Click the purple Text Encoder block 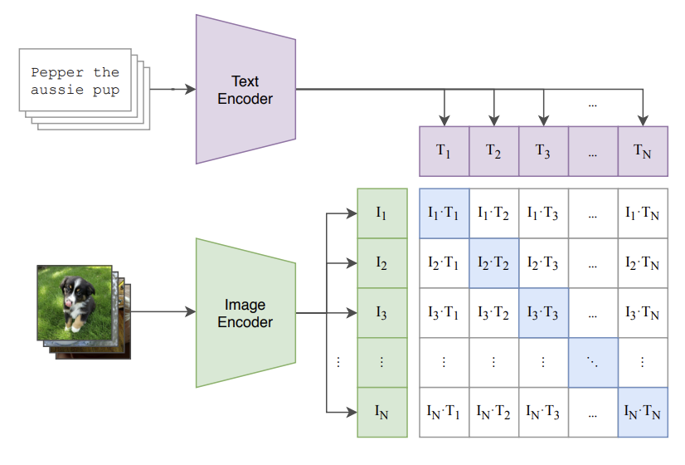coord(245,90)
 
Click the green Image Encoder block coord(245,313)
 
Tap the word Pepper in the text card coord(55,72)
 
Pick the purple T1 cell coord(445,151)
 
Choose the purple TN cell coord(643,151)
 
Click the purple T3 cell coord(543,151)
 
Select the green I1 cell coord(381,213)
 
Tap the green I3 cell coord(381,313)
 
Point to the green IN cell coord(381,412)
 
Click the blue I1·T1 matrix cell coord(445,213)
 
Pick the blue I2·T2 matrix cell coord(494,263)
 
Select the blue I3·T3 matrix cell coord(543,313)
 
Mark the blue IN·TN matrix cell coord(643,412)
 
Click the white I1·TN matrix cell coord(643,213)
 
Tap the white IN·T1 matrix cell coord(445,412)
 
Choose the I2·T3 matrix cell coord(543,263)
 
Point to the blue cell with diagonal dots coord(593,363)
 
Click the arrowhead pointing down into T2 coord(494,120)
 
